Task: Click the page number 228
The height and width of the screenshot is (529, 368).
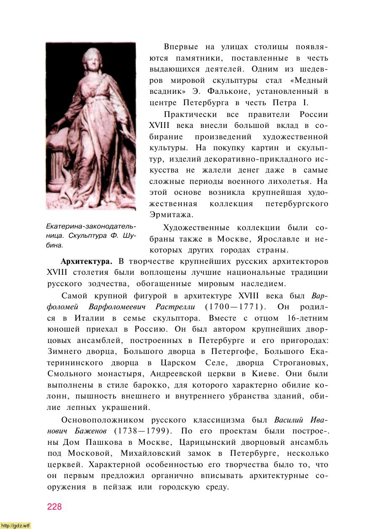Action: [x=54, y=507]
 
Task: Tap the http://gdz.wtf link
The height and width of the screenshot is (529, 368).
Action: [x=16, y=526]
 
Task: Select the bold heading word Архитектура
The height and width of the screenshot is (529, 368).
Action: [x=86, y=261]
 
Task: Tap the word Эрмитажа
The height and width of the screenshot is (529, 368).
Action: [x=171, y=215]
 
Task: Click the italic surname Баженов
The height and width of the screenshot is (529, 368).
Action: [x=87, y=431]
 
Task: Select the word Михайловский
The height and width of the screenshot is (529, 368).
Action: [x=151, y=454]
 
